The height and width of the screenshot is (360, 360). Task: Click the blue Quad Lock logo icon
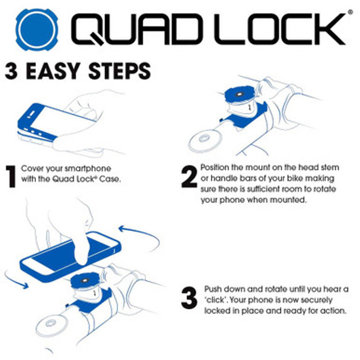click(37, 29)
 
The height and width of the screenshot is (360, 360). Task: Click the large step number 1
click(11, 177)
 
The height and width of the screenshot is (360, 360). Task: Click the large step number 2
click(189, 177)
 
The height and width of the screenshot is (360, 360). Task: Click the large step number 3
click(189, 298)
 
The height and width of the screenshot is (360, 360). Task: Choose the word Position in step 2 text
click(216, 168)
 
